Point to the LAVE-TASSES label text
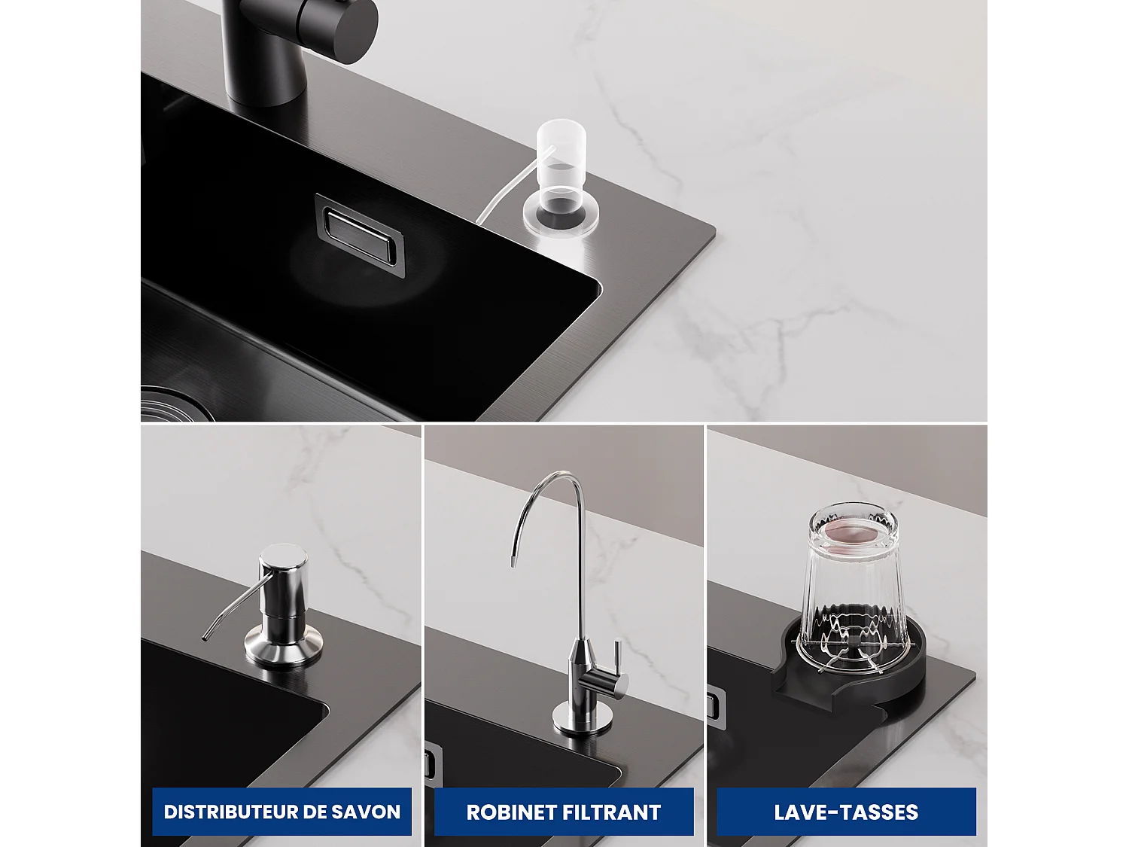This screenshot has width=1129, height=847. pos(846,812)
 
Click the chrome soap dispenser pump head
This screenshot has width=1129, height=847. pos(283,576)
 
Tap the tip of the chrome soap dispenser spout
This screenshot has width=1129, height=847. pos(205,638)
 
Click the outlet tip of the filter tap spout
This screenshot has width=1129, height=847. pos(513,562)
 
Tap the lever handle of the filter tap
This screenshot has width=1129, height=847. pos(616,663)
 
